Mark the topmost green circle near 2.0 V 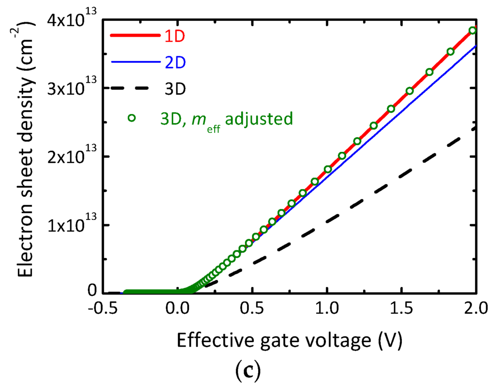tap(473, 30)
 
